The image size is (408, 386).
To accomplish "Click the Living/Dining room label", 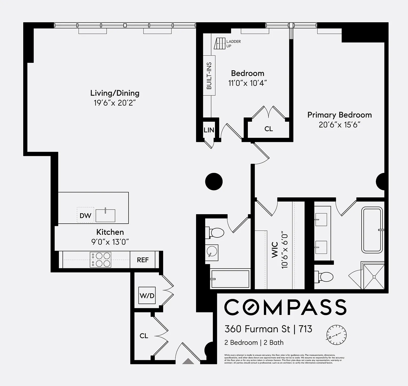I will (115, 93).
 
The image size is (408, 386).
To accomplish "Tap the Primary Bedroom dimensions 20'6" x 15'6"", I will (339, 125).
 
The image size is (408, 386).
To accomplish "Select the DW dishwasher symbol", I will (85, 215).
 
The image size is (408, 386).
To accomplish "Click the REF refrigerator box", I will (143, 260).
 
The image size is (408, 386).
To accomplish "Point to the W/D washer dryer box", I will (147, 295).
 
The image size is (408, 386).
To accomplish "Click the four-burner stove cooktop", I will (100, 260).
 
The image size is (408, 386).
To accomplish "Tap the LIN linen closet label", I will (209, 130).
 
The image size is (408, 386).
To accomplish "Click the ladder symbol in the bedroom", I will (220, 43).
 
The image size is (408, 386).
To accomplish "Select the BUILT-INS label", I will (209, 76).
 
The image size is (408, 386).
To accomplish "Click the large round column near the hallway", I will (214, 182).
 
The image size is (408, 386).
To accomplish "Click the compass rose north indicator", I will (336, 335).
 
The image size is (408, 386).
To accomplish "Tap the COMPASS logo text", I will (285, 307).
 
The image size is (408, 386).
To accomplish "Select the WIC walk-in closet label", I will (275, 250).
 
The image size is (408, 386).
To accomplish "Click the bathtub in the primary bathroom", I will (372, 230).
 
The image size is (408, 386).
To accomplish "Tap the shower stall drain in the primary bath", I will (374, 277).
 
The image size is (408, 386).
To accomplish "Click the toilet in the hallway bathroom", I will (216, 233).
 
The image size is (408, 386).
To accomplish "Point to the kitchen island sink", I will (105, 215).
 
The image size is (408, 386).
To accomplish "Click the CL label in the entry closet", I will (144, 336).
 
